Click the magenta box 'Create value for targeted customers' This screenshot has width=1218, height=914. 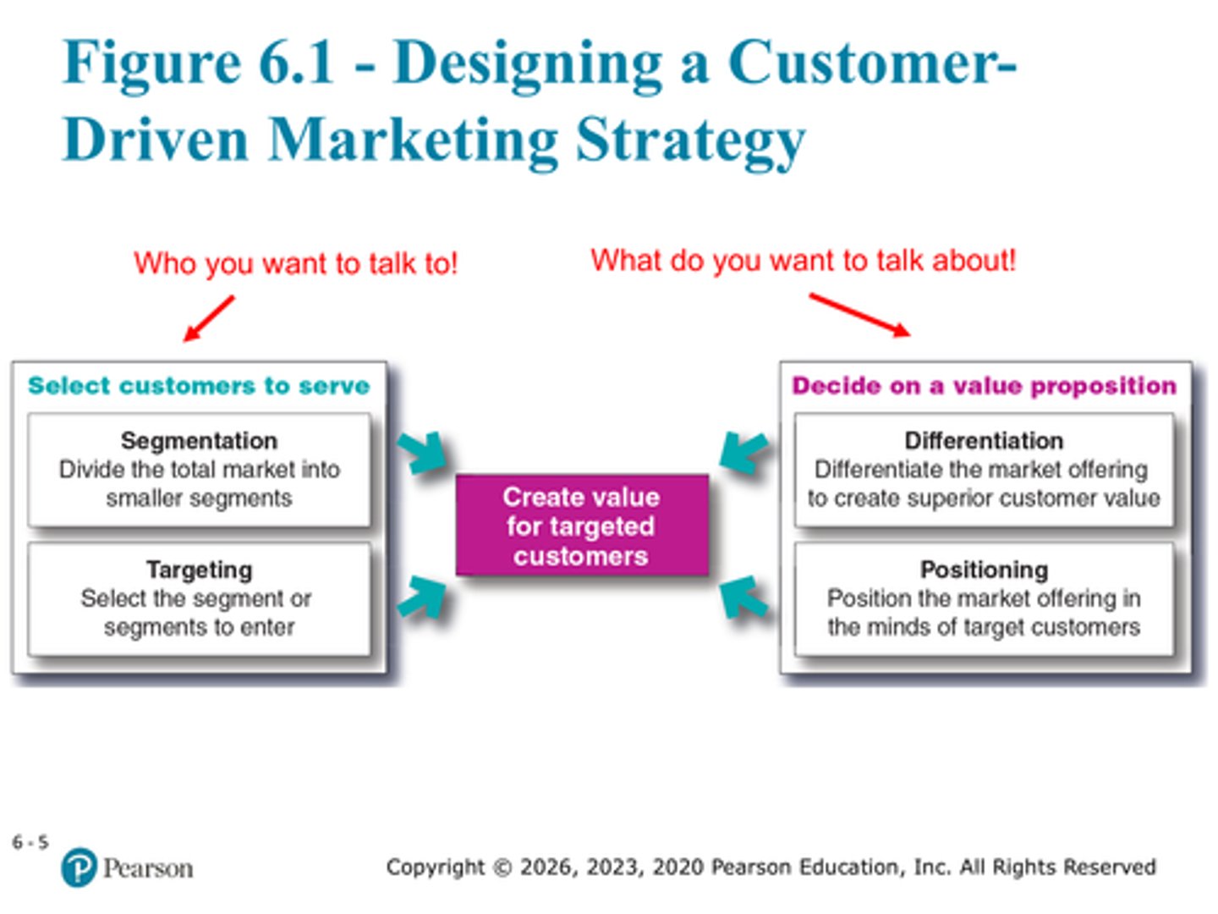pyautogui.click(x=581, y=526)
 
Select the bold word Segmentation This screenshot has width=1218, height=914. pyautogui.click(x=199, y=441)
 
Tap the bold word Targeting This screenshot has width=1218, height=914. pyautogui.click(x=199, y=570)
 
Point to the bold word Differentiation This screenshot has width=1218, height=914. pyautogui.click(x=984, y=441)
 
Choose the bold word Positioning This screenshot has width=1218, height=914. pyautogui.click(x=984, y=570)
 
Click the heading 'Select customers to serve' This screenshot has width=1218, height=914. pyautogui.click(x=199, y=386)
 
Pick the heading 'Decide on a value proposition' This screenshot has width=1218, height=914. pyautogui.click(x=984, y=386)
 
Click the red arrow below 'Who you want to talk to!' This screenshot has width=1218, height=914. pyautogui.click(x=208, y=318)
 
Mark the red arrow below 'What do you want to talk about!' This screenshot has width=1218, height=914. pyautogui.click(x=859, y=315)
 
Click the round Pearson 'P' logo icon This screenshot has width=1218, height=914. pyautogui.click(x=79, y=867)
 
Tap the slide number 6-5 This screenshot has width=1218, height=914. pyautogui.click(x=30, y=842)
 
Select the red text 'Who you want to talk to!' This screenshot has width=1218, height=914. pyautogui.click(x=295, y=263)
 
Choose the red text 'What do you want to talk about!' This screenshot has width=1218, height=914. pyautogui.click(x=803, y=261)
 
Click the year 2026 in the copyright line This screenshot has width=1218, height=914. pyautogui.click(x=546, y=867)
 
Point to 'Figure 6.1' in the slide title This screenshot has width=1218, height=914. pyautogui.click(x=199, y=63)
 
